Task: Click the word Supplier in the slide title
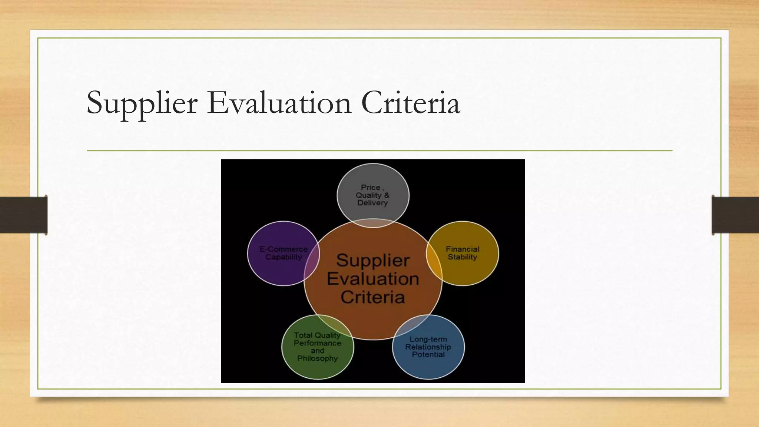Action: [142, 103]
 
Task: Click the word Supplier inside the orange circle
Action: [373, 260]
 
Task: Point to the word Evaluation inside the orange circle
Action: [373, 279]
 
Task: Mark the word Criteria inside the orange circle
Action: [373, 297]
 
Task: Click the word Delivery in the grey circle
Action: [372, 203]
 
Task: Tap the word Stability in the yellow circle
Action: [462, 257]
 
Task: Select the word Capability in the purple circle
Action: [284, 257]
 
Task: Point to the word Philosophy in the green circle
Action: [318, 358]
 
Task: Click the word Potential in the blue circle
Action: [428, 354]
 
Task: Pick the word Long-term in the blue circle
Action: [428, 339]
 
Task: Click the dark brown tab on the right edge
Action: [735, 215]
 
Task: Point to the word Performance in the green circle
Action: [318, 343]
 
